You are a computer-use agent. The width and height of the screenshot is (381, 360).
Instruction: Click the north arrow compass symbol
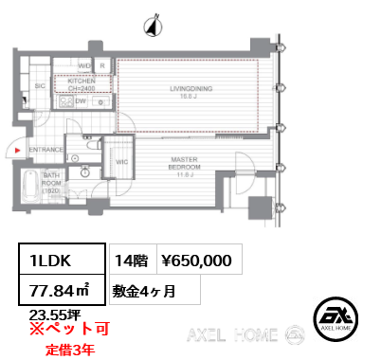pyautogui.click(x=150, y=25)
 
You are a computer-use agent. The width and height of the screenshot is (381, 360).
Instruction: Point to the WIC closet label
pyautogui.click(x=120, y=162)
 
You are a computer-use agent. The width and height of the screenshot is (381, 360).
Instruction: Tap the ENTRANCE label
pyautogui.click(x=45, y=150)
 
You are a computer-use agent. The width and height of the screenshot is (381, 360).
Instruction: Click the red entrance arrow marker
pyautogui.click(x=17, y=150)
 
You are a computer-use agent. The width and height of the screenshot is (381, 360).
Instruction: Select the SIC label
pyautogui.click(x=39, y=85)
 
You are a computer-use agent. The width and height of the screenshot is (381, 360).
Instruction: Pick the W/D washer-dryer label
pyautogui.click(x=83, y=66)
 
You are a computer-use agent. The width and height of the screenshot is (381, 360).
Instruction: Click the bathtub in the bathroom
pyautogui.click(x=28, y=186)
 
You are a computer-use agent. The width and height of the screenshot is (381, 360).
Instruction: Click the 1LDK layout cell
pyautogui.click(x=52, y=258)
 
